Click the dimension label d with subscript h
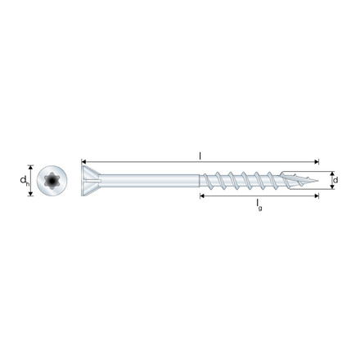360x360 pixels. pyautogui.click(x=25, y=180)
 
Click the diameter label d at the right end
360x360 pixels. pyautogui.click(x=335, y=180)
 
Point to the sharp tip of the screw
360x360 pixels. pyautogui.click(x=318, y=180)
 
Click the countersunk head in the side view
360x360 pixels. pyautogui.click(x=92, y=180)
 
